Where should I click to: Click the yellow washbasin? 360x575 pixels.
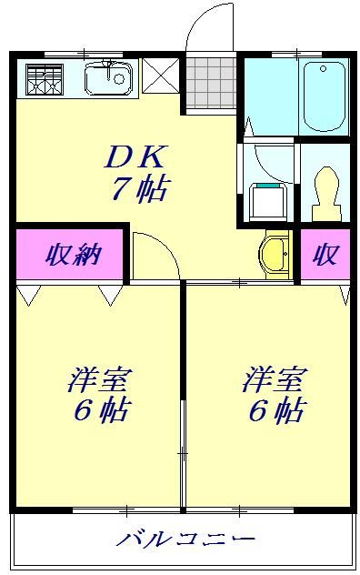tap(273, 256)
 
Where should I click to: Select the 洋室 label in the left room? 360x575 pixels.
tap(97, 378)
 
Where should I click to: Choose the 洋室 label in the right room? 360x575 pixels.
tap(274, 378)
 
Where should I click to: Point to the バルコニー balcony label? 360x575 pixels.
tap(185, 540)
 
